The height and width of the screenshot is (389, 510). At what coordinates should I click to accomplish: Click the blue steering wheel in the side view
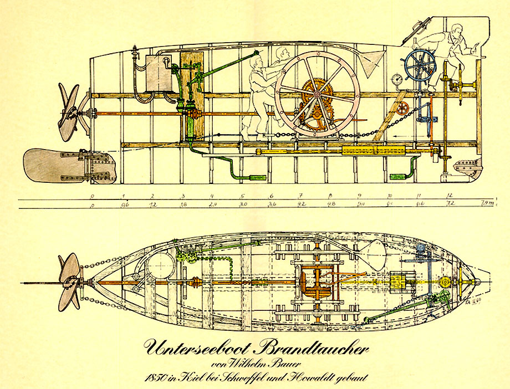[420, 66]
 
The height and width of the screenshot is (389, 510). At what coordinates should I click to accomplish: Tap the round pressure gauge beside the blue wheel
[396, 79]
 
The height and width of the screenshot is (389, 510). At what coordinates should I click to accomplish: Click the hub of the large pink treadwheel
[317, 95]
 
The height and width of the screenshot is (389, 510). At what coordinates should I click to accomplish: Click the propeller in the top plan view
[70, 281]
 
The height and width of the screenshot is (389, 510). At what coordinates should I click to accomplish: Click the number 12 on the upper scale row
[448, 196]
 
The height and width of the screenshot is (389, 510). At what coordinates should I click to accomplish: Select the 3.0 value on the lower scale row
[242, 204]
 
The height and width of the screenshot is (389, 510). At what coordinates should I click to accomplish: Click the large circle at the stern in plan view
[161, 265]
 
